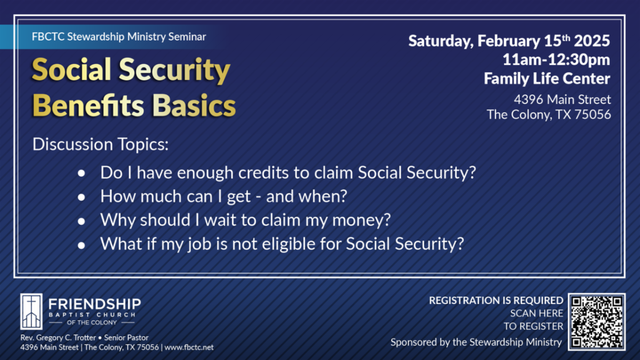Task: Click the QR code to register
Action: [x=597, y=322]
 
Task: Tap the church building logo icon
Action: [x=31, y=311]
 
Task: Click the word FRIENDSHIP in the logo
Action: [x=94, y=305]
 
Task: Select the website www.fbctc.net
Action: [x=189, y=347]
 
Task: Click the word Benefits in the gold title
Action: [x=89, y=106]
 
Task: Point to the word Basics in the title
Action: [x=194, y=106]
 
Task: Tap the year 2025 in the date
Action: [x=592, y=41]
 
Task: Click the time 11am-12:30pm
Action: [x=556, y=60]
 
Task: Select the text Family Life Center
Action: [x=547, y=78]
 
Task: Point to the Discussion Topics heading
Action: [x=100, y=145]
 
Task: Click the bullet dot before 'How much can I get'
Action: [x=82, y=197]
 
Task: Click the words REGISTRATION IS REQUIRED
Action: [x=496, y=301]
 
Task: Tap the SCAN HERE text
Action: [x=537, y=314]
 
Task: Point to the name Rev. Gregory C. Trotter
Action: [x=58, y=338]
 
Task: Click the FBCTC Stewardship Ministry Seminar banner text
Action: [x=119, y=37]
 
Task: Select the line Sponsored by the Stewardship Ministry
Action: [x=476, y=342]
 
